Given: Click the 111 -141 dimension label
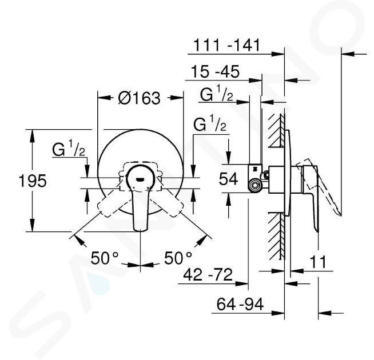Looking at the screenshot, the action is click(226, 45).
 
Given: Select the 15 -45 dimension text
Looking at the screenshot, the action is click(215, 71).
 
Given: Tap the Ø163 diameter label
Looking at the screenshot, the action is click(140, 98).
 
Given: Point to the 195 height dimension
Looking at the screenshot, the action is click(33, 181).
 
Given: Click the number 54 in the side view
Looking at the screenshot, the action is click(228, 179).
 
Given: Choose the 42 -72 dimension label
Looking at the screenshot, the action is click(208, 274).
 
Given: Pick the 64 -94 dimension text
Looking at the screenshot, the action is click(240, 304).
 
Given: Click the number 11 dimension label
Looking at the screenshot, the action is click(318, 262).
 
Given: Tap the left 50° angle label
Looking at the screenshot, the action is click(105, 258).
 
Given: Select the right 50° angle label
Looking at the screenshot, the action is click(178, 258).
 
